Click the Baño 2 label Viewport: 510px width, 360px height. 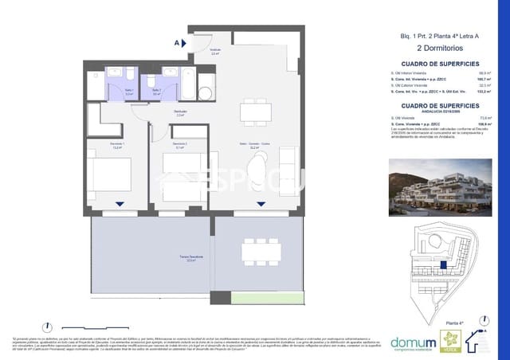tap(157, 91)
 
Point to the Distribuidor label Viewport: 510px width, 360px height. tap(159, 113)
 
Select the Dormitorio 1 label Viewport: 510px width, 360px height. tap(116, 146)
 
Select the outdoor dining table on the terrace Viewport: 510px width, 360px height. tap(261, 251)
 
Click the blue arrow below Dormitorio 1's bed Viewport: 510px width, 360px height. tap(119, 204)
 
